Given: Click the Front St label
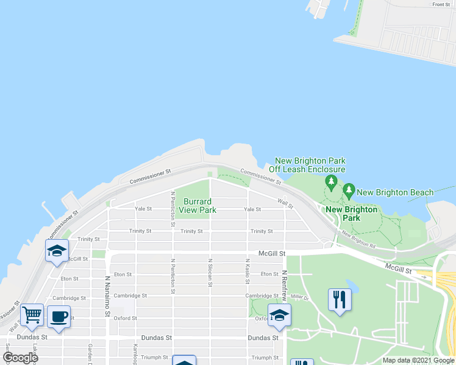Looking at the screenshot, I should [x=441, y=4].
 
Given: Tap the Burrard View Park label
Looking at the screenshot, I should [x=198, y=206].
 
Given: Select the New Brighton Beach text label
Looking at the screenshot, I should [x=395, y=192].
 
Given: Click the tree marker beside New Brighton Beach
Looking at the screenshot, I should [x=349, y=190].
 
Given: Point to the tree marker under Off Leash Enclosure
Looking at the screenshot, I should [x=331, y=181].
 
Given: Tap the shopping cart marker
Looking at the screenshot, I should [x=32, y=316].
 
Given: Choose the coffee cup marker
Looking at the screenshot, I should [x=59, y=317].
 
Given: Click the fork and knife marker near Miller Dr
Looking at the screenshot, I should [x=340, y=299].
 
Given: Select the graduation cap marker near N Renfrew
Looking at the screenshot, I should [x=280, y=315].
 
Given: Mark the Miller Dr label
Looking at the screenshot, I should [x=300, y=297].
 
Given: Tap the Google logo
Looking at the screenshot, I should [x=20, y=358].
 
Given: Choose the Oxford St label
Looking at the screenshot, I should [x=124, y=318].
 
